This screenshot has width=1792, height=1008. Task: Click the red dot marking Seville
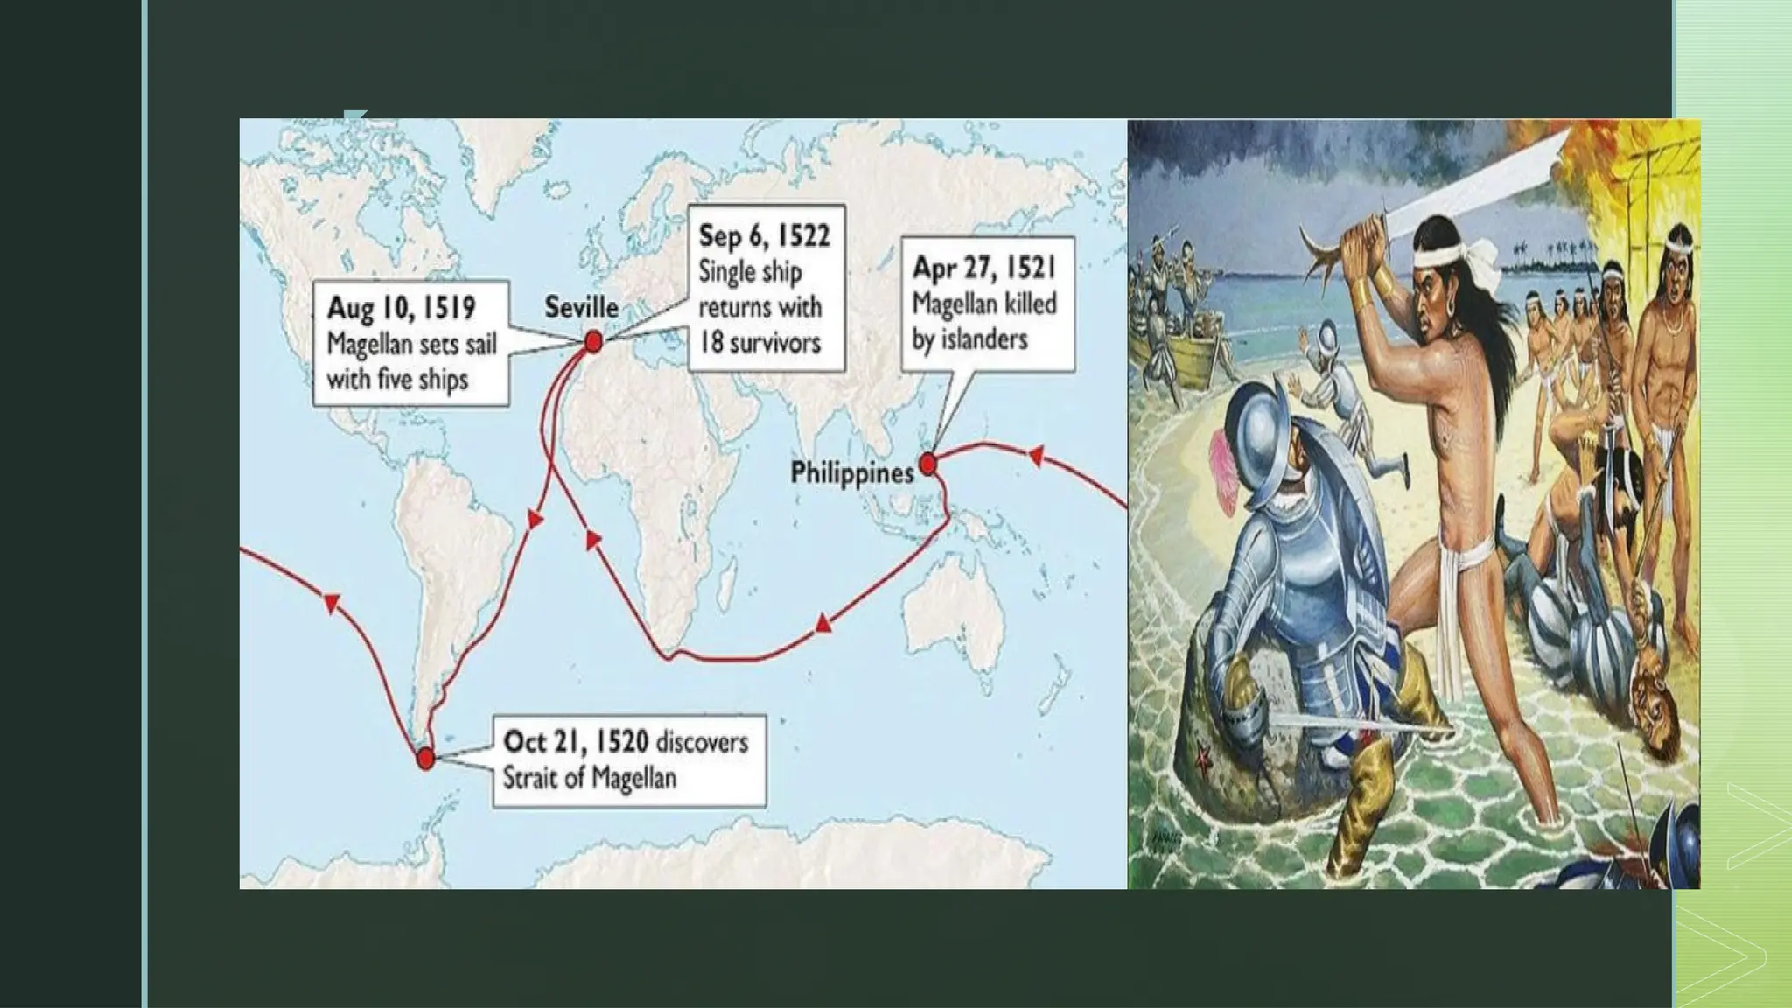point(593,341)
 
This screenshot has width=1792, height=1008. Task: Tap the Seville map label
point(581,307)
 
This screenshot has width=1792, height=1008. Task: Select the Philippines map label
point(851,473)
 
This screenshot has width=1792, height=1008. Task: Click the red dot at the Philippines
point(927,464)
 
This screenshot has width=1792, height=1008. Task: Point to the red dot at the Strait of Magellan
point(425,759)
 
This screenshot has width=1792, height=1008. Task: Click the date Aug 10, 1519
point(401,308)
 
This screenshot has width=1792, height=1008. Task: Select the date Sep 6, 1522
point(764,236)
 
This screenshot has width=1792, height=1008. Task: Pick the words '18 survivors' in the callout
point(759,342)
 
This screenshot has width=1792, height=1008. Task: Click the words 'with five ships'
point(397,380)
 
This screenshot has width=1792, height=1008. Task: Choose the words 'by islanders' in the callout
point(969,339)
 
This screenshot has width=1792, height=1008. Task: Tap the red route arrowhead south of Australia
point(822,624)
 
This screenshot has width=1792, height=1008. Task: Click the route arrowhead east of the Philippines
point(1037,455)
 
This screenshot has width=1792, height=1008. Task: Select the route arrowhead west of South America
point(331,602)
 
